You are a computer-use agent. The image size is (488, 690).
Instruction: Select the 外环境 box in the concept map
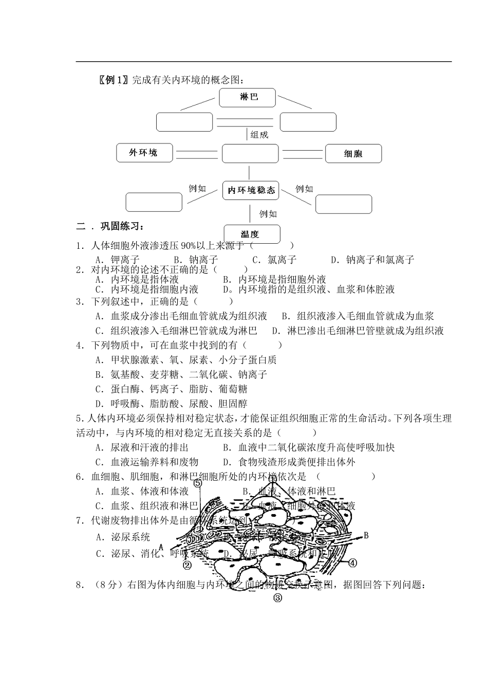click(x=144, y=153)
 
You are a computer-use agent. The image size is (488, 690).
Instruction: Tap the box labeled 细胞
click(x=353, y=154)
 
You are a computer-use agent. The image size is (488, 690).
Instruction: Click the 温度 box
click(x=252, y=234)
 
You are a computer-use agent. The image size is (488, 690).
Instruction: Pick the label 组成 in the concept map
click(x=259, y=135)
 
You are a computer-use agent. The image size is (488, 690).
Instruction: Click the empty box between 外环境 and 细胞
click(x=250, y=153)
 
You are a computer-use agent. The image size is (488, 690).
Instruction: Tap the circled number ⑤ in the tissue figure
click(x=198, y=483)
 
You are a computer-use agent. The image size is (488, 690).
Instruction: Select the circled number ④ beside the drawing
click(x=352, y=562)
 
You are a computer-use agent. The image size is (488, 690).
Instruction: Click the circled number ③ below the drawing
click(x=278, y=597)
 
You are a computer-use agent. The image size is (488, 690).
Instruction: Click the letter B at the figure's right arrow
click(x=366, y=536)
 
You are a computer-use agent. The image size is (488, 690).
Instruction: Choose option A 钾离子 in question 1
click(x=118, y=260)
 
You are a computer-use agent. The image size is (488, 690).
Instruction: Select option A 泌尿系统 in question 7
click(x=123, y=537)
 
